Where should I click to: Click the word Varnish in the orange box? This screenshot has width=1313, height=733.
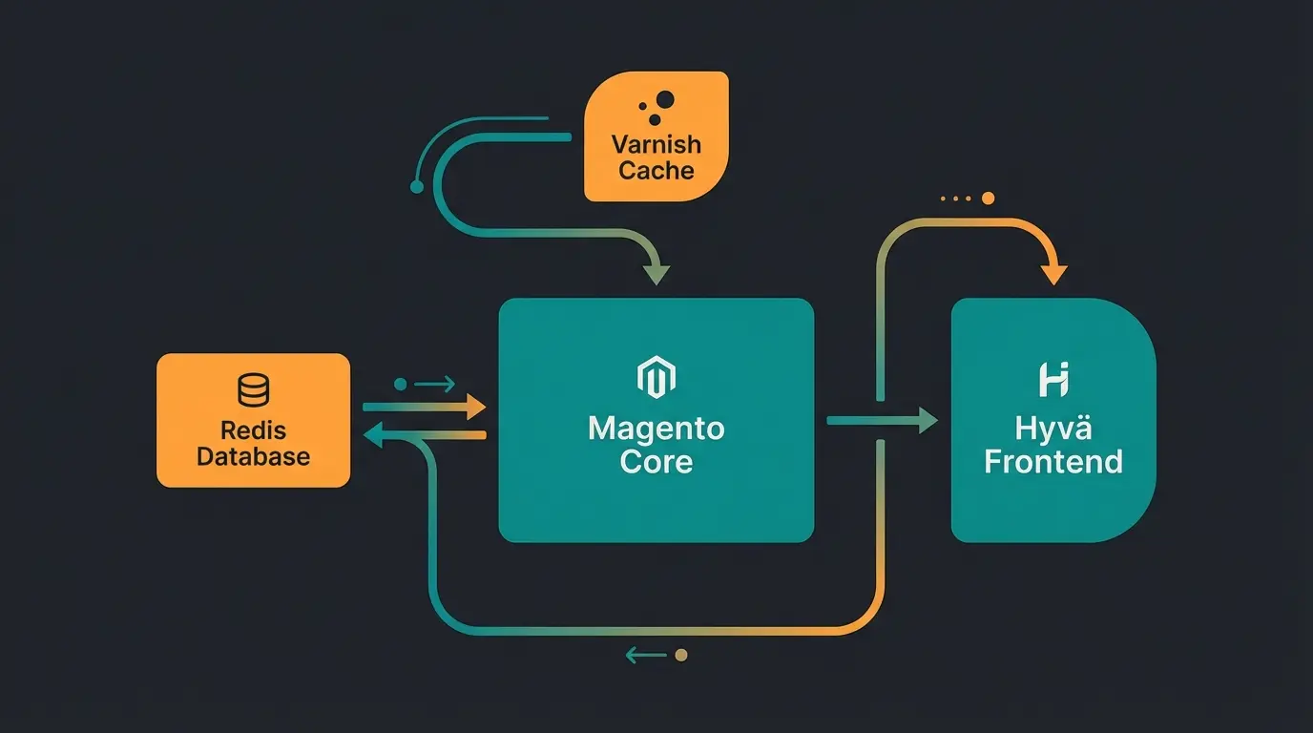click(656, 145)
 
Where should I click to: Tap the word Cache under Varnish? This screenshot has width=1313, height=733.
click(656, 171)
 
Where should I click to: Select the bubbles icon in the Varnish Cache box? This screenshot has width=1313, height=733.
click(658, 105)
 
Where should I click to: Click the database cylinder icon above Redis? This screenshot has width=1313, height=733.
click(253, 390)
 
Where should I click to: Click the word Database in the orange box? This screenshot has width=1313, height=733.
click(253, 456)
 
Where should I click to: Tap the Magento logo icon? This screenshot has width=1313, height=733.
click(656, 378)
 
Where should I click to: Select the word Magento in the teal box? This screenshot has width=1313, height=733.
click(656, 428)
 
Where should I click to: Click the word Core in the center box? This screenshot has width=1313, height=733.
click(656, 462)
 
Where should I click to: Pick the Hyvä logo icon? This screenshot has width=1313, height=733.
click(1053, 379)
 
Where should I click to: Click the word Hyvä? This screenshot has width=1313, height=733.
click(1053, 429)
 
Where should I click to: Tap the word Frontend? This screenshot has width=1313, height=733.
click(1053, 462)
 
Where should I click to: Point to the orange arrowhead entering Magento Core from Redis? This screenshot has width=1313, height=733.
click(475, 408)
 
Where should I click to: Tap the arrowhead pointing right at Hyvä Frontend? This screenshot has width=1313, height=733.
click(927, 420)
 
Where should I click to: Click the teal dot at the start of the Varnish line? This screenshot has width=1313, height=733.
click(416, 187)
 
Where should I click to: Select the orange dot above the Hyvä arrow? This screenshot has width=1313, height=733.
click(988, 199)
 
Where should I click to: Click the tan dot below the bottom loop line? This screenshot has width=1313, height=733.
click(680, 655)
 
